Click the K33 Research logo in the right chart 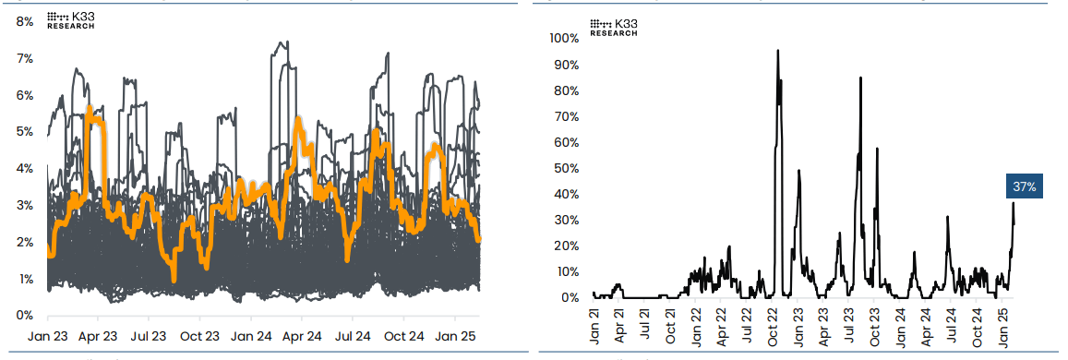coord(614,27)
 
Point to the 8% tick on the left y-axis coord(25,21)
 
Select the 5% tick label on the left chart coord(25,132)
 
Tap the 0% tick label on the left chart coord(25,316)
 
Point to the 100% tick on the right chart coord(563,39)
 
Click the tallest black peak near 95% coord(778,52)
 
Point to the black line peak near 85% coord(860,78)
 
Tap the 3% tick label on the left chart coord(25,205)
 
